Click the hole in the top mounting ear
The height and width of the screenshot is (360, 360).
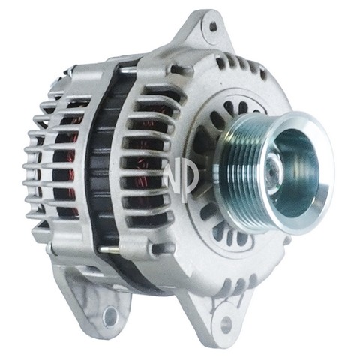[213, 26]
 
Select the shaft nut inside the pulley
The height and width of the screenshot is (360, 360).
[274, 166]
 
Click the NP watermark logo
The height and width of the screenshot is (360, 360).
[181, 176]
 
